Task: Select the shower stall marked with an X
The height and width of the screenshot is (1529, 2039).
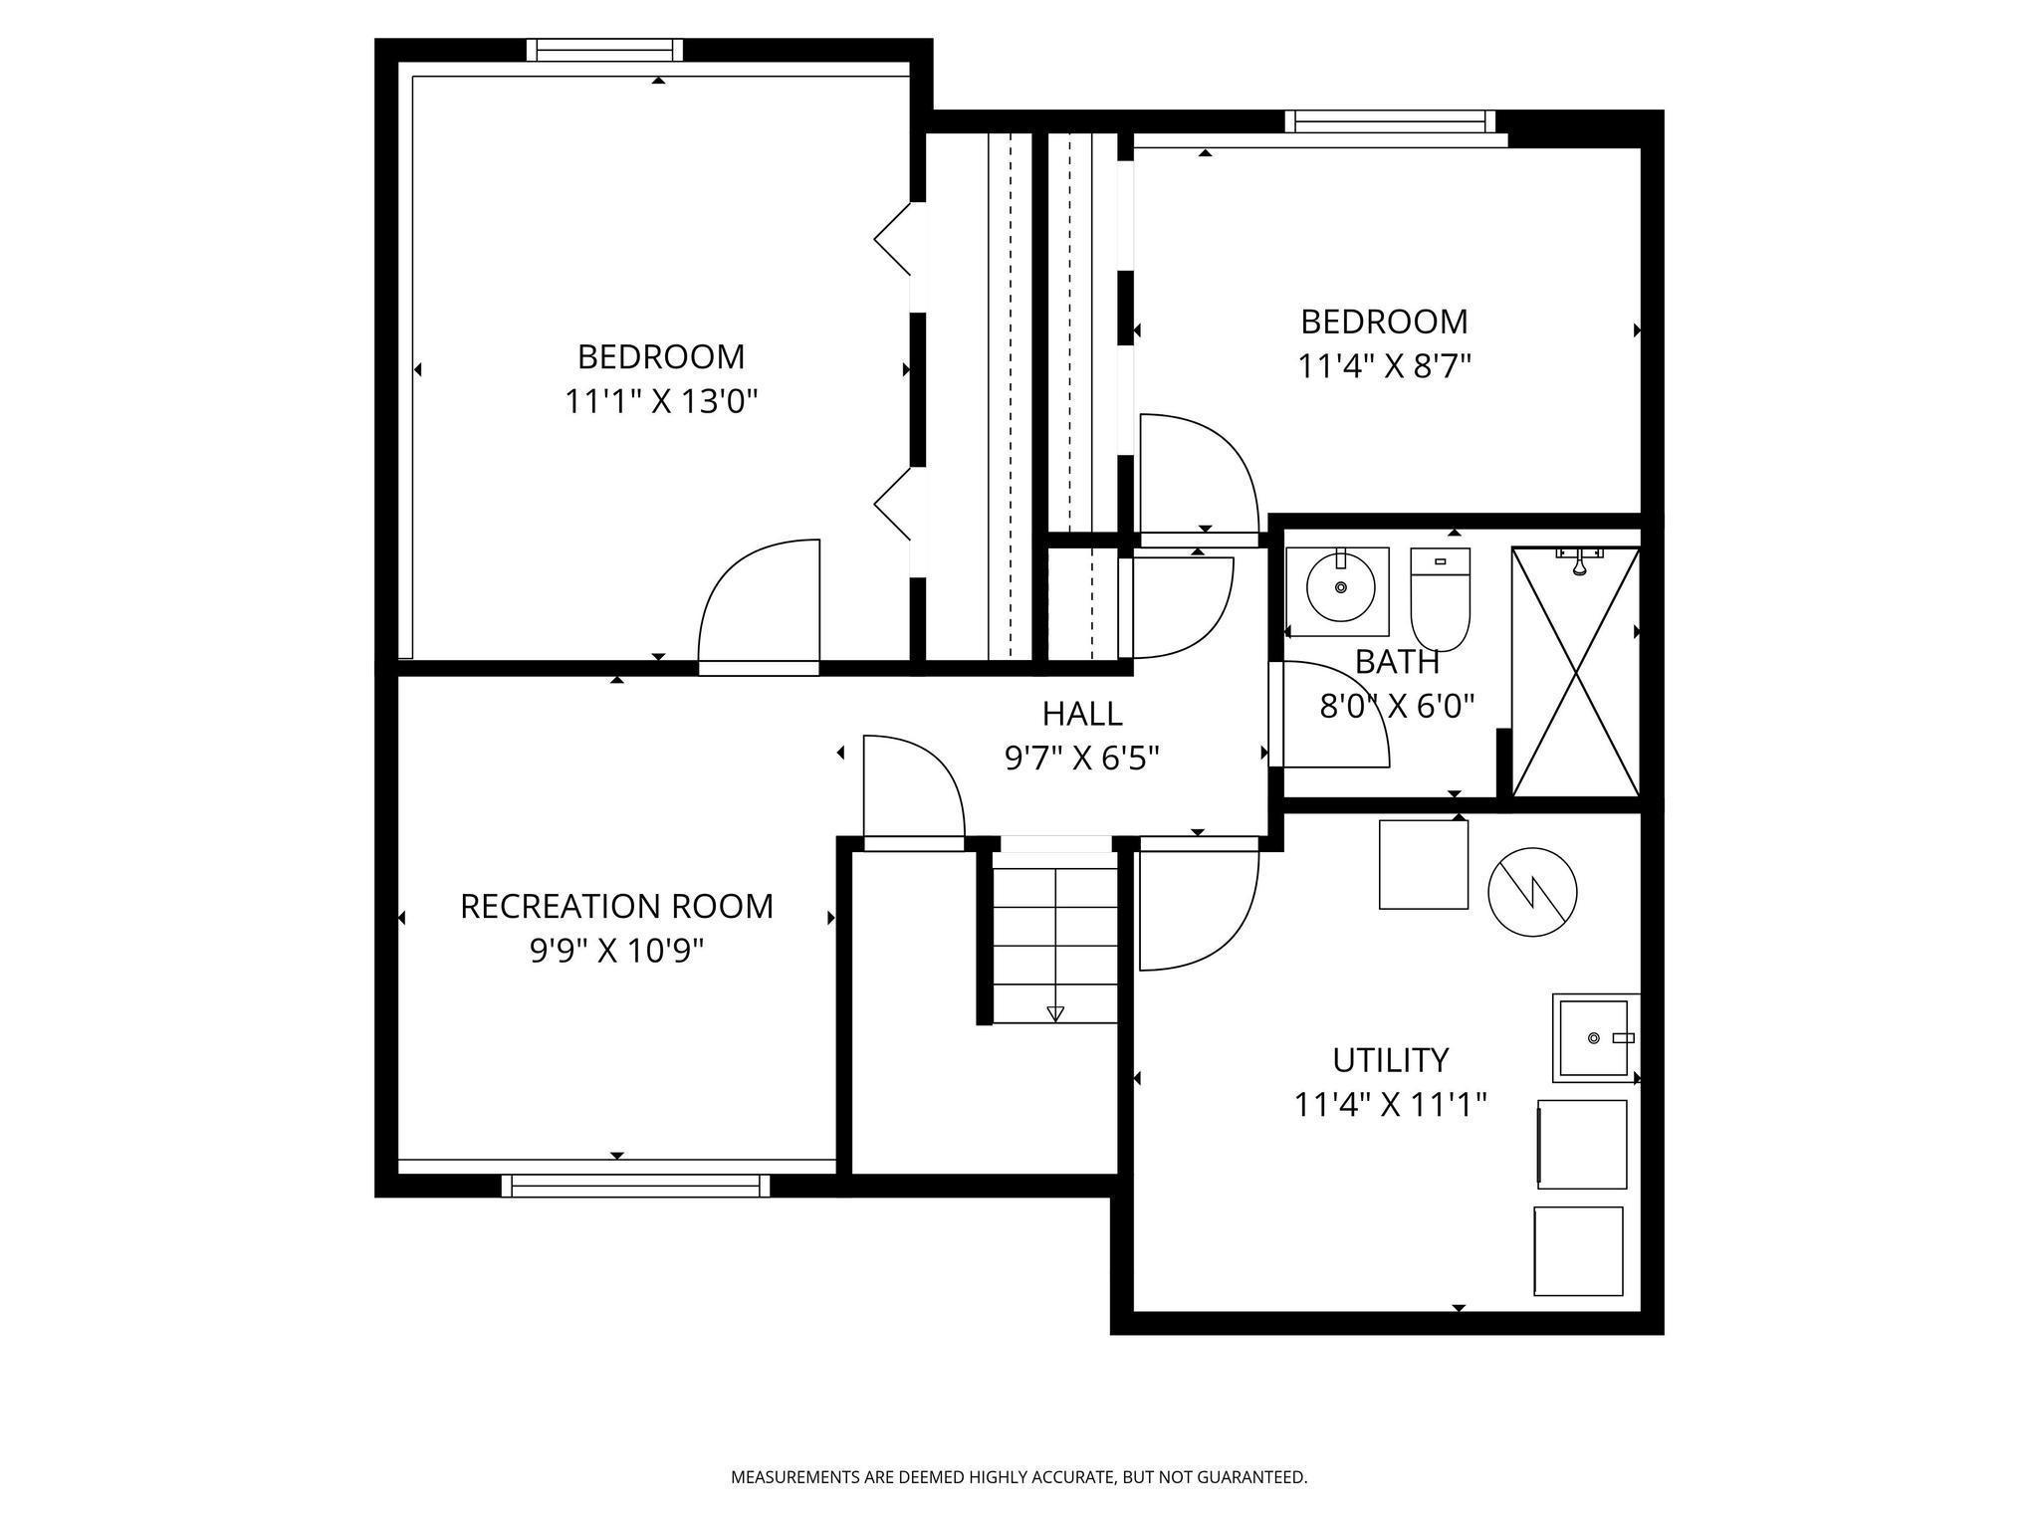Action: [x=1575, y=672]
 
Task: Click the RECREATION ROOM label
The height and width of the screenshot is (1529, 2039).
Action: [x=616, y=906]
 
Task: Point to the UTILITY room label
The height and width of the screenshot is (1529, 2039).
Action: [x=1390, y=1060]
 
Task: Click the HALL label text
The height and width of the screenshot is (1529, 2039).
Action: [x=1082, y=714]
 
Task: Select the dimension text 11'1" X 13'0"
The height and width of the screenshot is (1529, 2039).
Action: [x=662, y=401]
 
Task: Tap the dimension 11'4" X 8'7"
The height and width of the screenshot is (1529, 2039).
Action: [x=1384, y=366]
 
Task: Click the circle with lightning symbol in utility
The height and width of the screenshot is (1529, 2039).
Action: [x=1532, y=892]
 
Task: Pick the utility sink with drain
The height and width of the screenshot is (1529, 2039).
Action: [x=1595, y=1037]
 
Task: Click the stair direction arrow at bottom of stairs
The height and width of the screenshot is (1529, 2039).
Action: [x=1055, y=1013]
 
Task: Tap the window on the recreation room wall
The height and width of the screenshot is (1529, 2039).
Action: [x=635, y=1185]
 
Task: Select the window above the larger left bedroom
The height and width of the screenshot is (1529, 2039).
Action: [x=604, y=50]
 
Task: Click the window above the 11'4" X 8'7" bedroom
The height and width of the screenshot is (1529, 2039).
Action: [x=1390, y=121]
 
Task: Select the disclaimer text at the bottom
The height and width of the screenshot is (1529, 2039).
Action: [x=1019, y=1476]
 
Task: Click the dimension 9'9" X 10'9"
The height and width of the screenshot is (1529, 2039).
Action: [x=616, y=952]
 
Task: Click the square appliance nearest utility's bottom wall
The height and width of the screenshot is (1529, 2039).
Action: [x=1578, y=1251]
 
